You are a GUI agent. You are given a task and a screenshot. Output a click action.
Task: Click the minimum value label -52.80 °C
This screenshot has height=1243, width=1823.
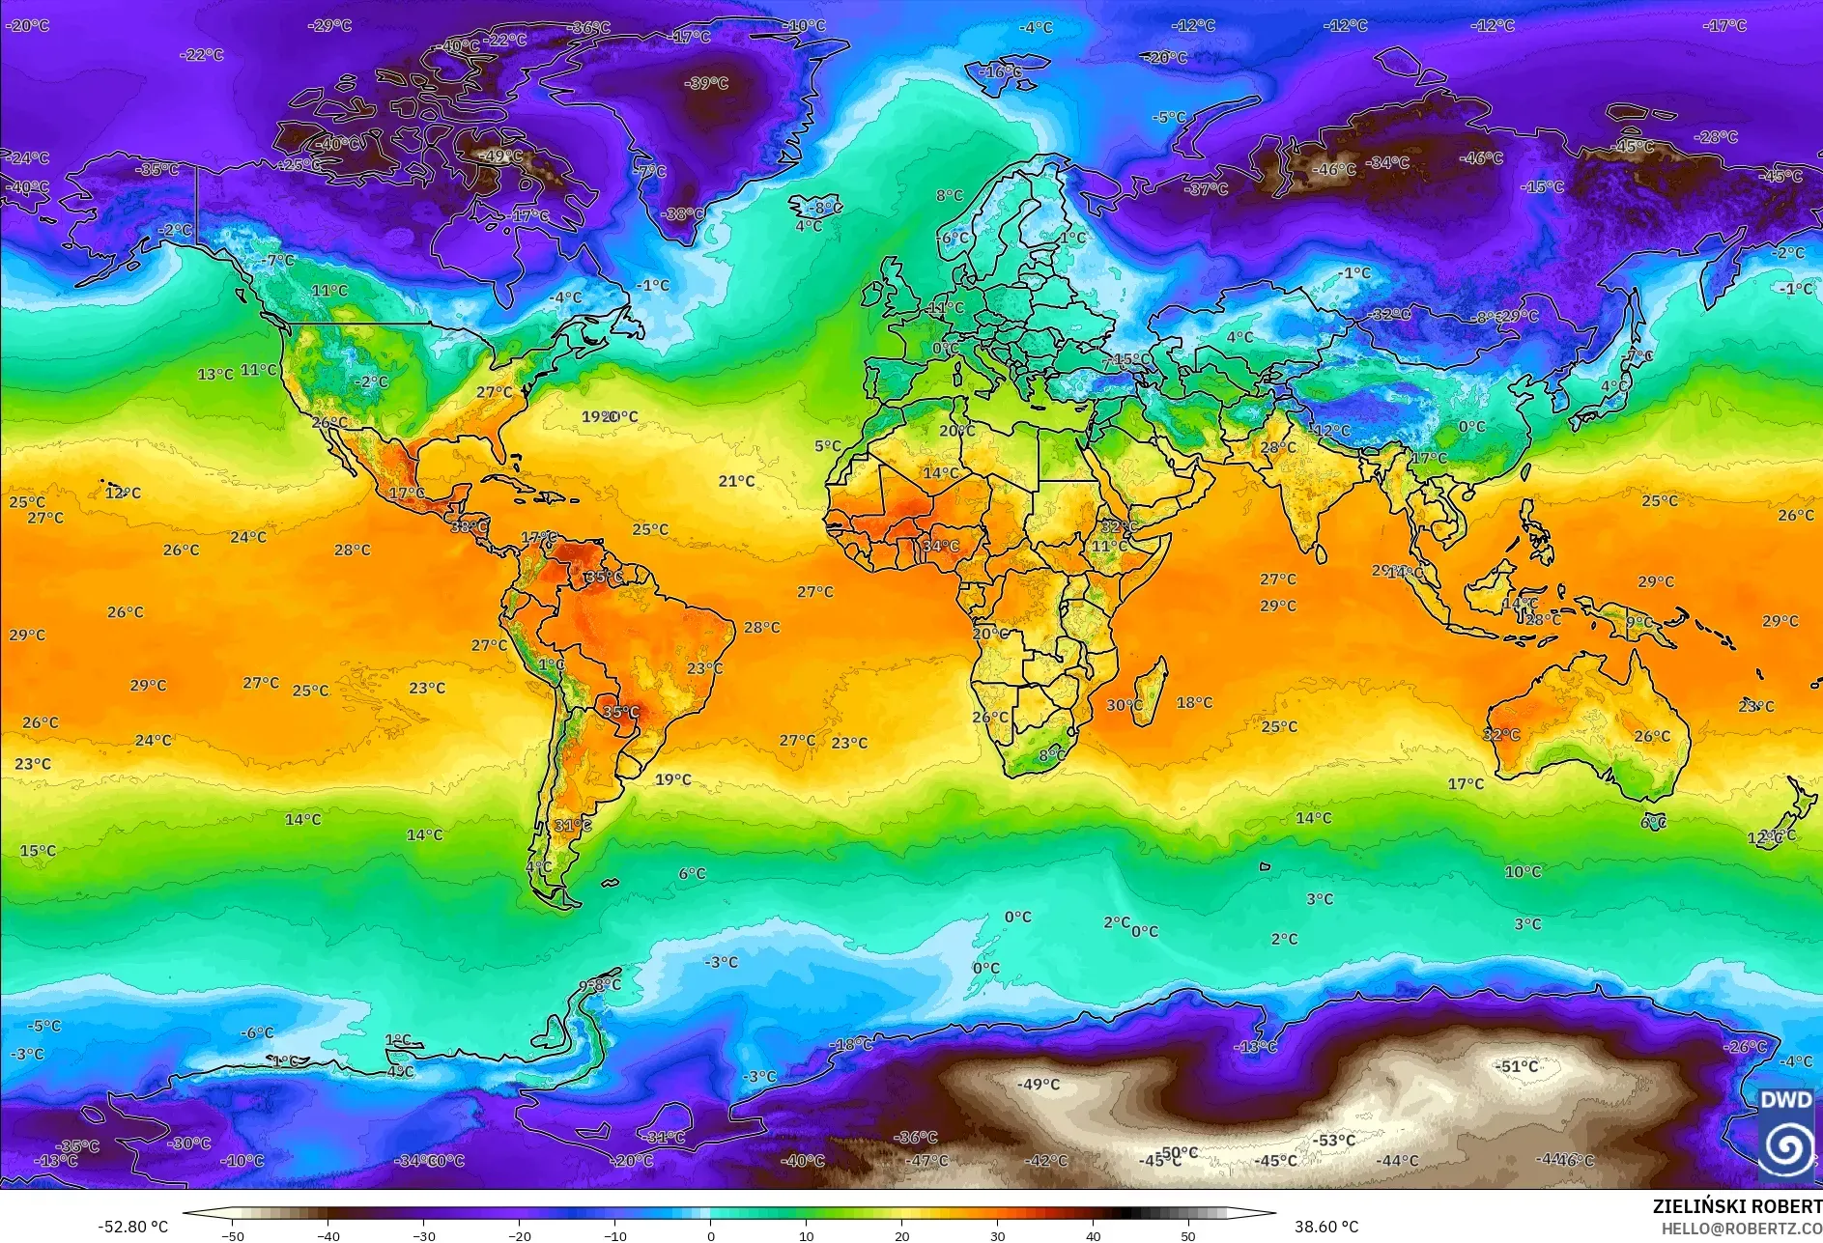[132, 1227]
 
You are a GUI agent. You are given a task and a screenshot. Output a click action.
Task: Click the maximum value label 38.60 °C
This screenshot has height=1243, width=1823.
[1325, 1227]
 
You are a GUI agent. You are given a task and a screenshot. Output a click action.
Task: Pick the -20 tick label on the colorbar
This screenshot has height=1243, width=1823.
[519, 1235]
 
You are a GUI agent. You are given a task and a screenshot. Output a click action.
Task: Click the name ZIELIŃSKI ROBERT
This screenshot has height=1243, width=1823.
[1736, 1206]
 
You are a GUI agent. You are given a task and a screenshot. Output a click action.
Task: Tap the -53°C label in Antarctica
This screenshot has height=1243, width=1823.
[1333, 1140]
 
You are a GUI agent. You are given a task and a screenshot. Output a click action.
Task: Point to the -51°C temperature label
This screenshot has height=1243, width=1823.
[1516, 1066]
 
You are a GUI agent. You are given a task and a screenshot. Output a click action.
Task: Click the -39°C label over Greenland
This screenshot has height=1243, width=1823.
[706, 83]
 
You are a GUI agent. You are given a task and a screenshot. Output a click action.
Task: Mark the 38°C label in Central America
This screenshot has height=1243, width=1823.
[470, 526]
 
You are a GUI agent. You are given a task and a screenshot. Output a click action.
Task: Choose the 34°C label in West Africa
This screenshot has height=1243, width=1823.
[940, 546]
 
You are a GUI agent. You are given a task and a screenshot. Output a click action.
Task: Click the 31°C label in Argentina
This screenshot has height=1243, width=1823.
[572, 825]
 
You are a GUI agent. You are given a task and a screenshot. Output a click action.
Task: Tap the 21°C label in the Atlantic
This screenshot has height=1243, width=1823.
[736, 481]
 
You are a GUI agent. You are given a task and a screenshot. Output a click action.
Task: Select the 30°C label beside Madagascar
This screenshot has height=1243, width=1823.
[1124, 705]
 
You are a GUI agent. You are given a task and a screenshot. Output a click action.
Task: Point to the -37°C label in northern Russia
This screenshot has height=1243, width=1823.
[1207, 189]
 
